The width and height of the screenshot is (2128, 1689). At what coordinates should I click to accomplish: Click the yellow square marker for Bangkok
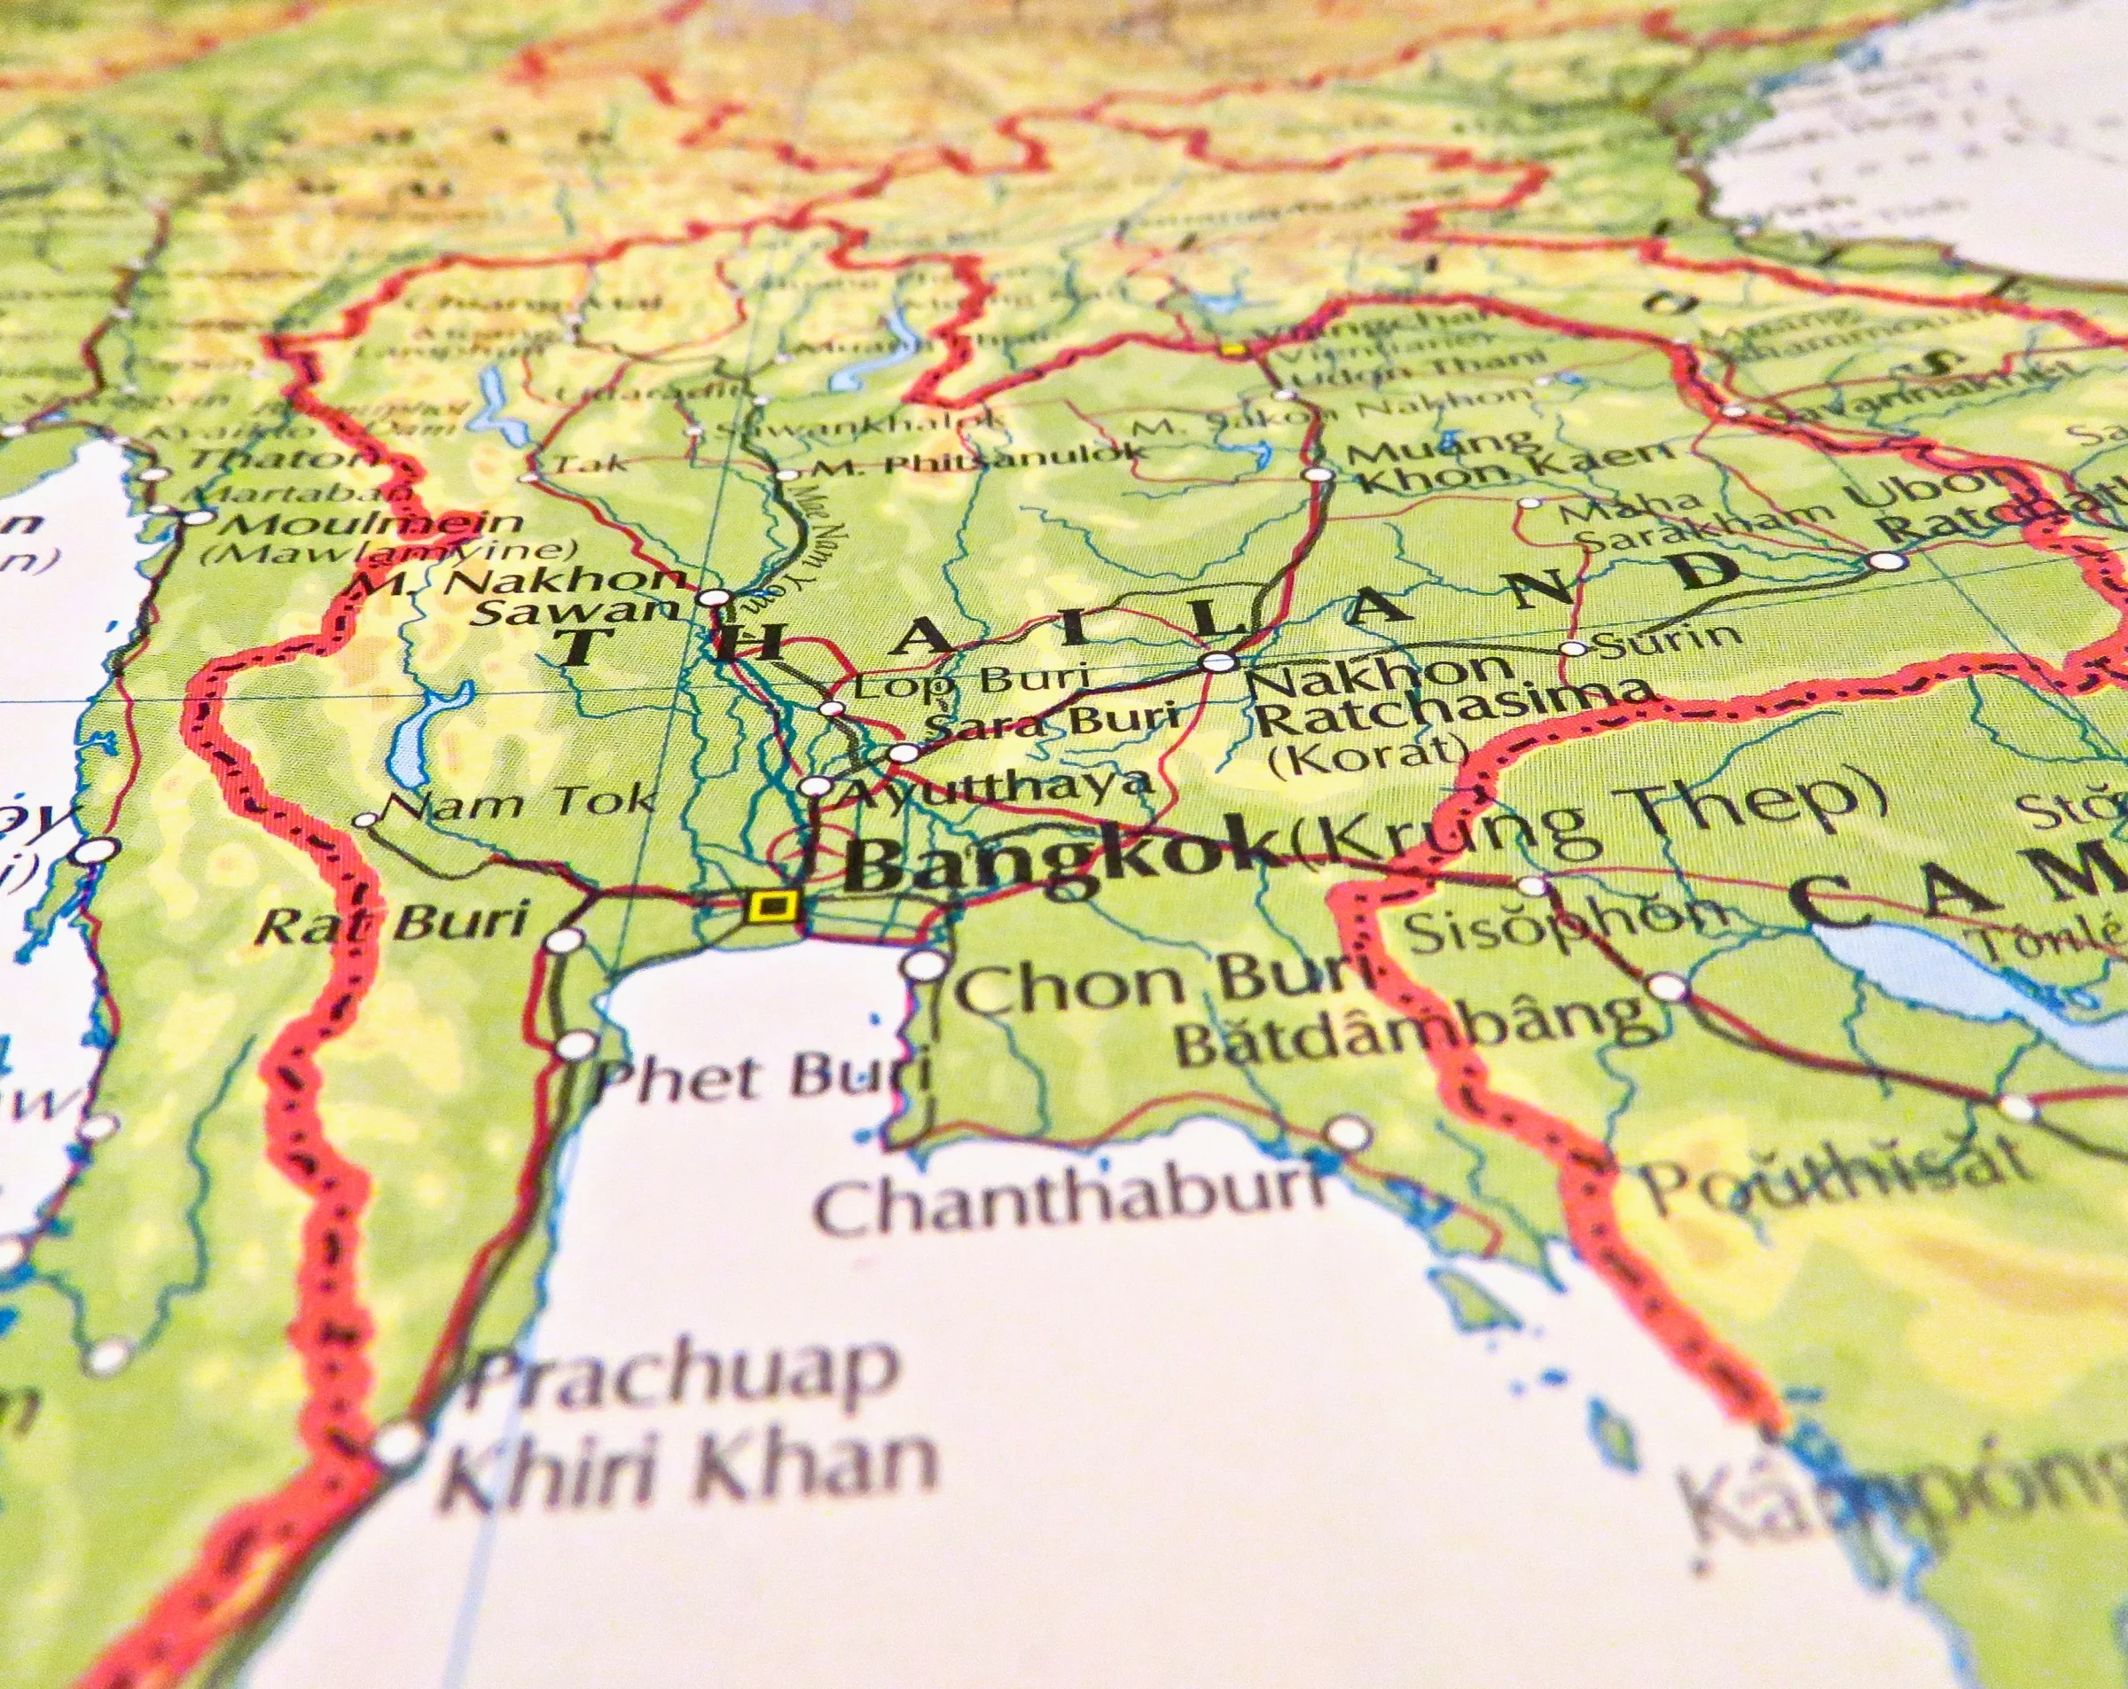pyautogui.click(x=773, y=905)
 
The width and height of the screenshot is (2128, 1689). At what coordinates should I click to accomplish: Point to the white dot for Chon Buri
pyautogui.click(x=924, y=965)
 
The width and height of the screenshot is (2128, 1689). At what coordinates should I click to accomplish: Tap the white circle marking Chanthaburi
pyautogui.click(x=1349, y=1133)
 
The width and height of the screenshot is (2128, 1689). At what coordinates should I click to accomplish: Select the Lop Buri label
pyautogui.click(x=971, y=681)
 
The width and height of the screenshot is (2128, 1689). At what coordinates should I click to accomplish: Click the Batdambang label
pyautogui.click(x=1412, y=1029)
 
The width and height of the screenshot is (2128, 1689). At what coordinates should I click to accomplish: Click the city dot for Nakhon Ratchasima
pyautogui.click(x=1220, y=661)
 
